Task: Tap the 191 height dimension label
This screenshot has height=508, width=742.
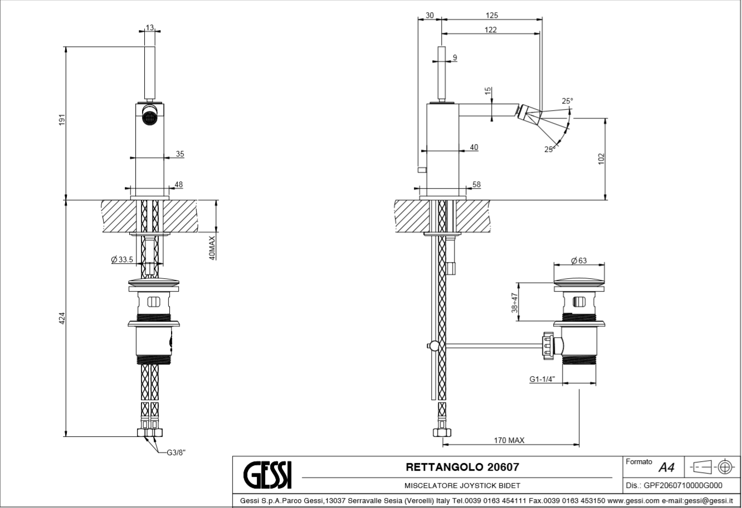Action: click(x=62, y=120)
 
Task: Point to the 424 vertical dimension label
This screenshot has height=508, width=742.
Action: click(x=62, y=318)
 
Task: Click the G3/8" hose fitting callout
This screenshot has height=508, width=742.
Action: click(x=176, y=452)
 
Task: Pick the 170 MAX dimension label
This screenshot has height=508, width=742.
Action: click(x=509, y=440)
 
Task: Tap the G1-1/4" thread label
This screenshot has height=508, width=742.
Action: click(x=541, y=379)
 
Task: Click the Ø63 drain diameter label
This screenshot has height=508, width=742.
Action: click(x=579, y=260)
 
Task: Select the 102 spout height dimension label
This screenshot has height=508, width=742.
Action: click(x=601, y=159)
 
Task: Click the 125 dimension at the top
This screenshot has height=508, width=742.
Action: click(x=491, y=15)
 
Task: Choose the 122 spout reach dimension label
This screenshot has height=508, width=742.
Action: click(x=490, y=30)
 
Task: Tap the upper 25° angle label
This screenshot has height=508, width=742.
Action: click(x=567, y=101)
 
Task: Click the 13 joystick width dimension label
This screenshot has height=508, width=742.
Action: click(x=150, y=28)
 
